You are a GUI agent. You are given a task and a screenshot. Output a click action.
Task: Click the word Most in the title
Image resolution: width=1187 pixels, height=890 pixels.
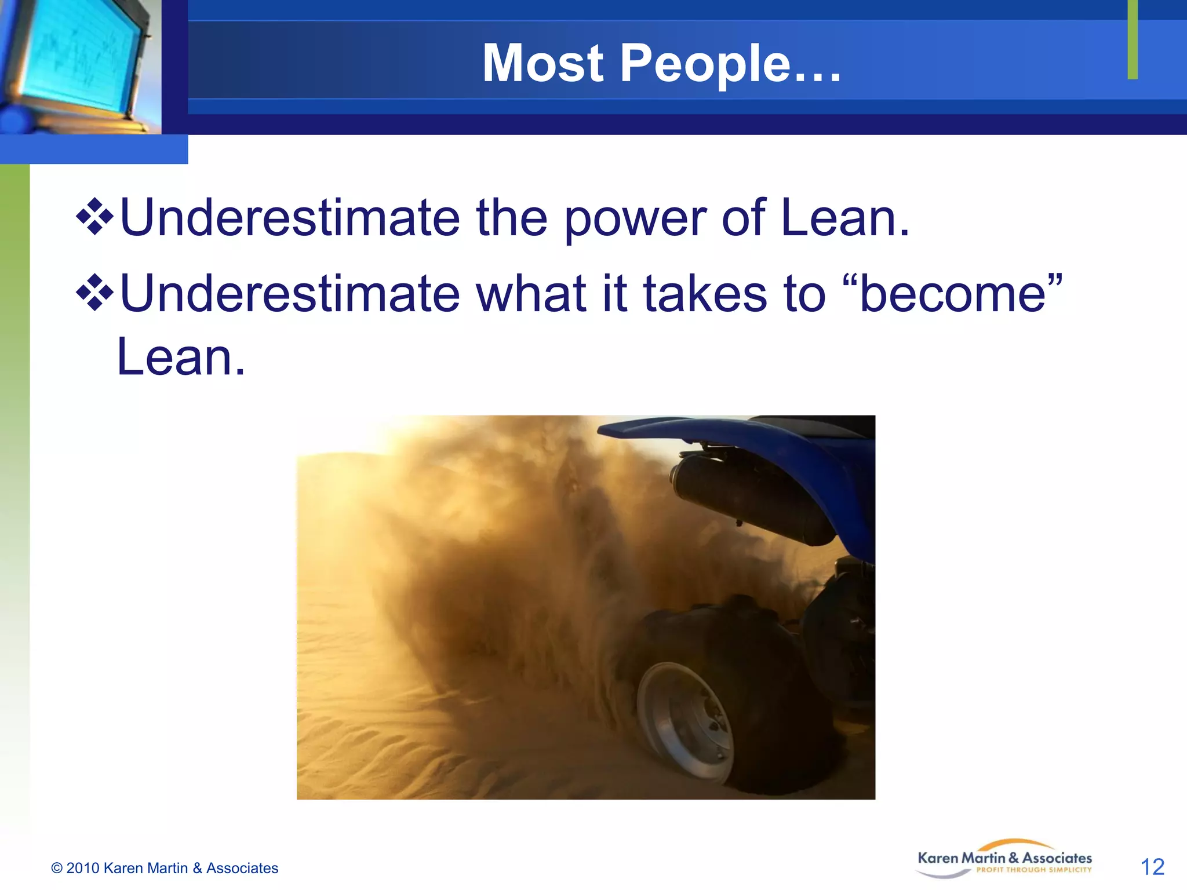[543, 64]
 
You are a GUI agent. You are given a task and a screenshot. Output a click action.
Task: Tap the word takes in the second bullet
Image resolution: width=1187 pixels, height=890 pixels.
[705, 294]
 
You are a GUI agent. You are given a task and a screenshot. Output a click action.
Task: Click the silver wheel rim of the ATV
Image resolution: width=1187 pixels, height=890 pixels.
[684, 721]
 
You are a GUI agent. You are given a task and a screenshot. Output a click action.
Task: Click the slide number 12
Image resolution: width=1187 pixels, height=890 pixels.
[1152, 867]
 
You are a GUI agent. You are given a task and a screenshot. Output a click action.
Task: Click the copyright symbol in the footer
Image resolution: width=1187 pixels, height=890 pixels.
[57, 868]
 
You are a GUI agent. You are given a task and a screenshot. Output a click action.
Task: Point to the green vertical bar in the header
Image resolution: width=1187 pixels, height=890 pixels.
[1133, 39]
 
